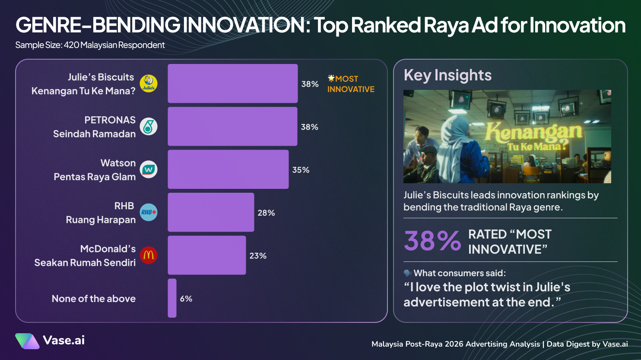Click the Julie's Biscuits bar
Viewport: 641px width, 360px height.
point(232,83)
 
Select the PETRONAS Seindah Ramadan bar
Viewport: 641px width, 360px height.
point(232,126)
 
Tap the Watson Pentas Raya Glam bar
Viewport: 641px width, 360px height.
point(228,169)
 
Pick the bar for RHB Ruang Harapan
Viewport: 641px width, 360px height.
point(211,212)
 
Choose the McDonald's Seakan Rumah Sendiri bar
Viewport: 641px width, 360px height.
point(206,255)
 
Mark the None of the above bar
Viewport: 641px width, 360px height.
point(172,298)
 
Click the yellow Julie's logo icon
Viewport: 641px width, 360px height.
point(149,83)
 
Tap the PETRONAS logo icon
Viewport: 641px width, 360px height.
point(149,126)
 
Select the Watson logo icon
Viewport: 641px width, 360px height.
point(149,169)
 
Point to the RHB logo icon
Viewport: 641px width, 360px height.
point(149,212)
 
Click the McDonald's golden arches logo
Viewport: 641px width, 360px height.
point(149,255)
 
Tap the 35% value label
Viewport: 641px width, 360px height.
point(301,170)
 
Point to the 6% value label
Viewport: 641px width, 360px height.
point(186,299)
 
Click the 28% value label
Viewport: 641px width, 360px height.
point(266,213)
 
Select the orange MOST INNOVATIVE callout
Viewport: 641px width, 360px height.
point(350,84)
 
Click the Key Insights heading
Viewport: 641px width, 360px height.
point(447,75)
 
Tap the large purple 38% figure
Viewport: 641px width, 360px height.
point(432,241)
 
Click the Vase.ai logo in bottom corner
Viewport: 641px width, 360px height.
point(50,341)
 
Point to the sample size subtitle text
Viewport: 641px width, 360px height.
point(90,45)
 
